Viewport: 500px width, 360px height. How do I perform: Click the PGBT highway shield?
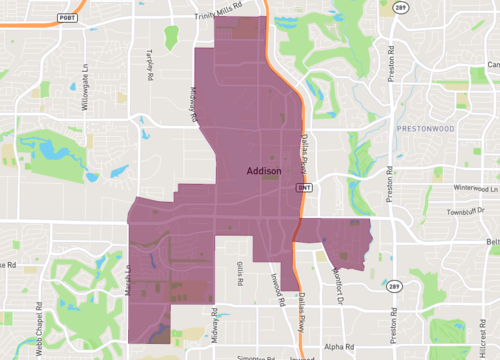(67, 18)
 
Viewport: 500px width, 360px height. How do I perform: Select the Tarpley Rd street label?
(152, 63)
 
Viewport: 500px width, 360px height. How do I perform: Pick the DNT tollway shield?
(304, 186)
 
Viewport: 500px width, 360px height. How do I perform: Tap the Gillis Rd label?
(241, 272)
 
